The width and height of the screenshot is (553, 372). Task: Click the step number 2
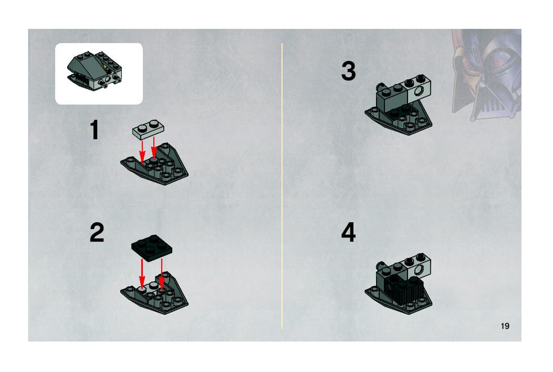tap(97, 233)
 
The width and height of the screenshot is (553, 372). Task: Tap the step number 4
tap(348, 233)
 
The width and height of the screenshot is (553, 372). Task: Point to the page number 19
tap(505, 326)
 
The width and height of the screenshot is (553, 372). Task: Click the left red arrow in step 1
tap(142, 152)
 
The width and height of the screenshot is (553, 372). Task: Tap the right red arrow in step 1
tap(154, 148)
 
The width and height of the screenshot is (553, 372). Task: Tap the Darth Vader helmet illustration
tap(486, 75)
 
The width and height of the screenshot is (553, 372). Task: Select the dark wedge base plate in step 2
tap(155, 294)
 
